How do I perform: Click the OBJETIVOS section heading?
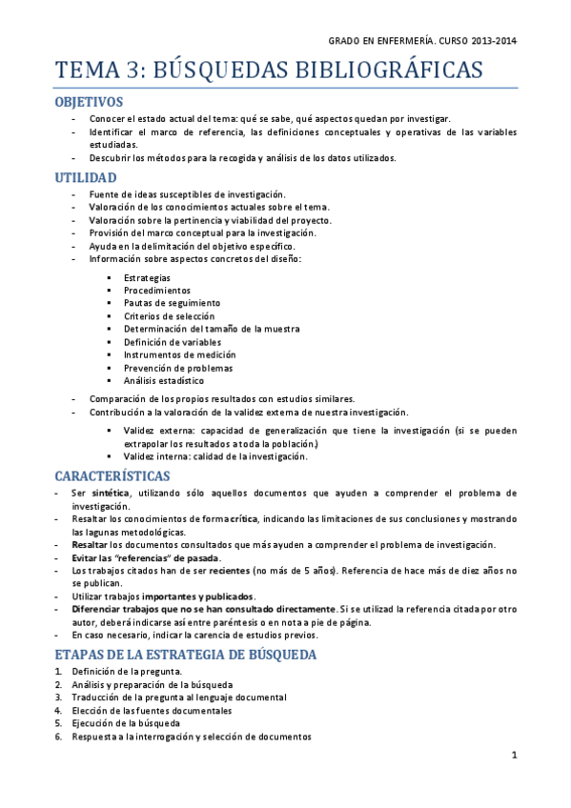(x=89, y=101)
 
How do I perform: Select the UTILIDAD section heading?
(x=86, y=177)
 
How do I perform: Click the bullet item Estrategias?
(x=147, y=277)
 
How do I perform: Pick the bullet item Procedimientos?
(x=156, y=290)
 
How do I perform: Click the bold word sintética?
(x=112, y=494)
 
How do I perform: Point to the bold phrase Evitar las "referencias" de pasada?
(x=146, y=557)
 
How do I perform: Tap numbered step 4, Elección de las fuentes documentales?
(x=152, y=711)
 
